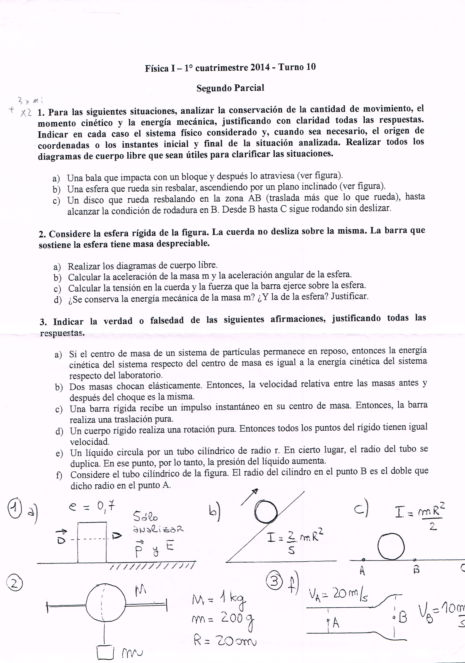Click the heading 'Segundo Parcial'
[x=230, y=88]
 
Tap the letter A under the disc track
[x=362, y=570]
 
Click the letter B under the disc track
[x=416, y=569]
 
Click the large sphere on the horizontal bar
[x=106, y=605]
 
